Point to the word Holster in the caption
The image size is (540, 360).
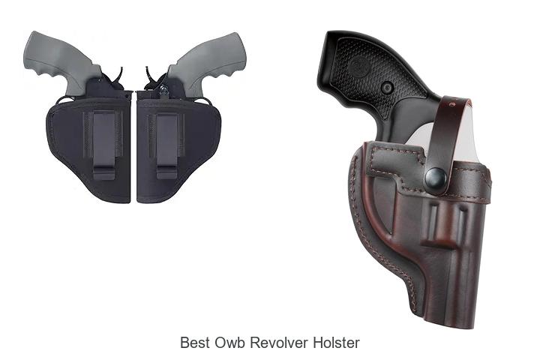click(x=336, y=343)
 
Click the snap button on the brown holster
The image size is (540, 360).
click(x=436, y=178)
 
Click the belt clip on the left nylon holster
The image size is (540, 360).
click(x=103, y=145)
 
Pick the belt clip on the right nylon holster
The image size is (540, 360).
click(x=167, y=146)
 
